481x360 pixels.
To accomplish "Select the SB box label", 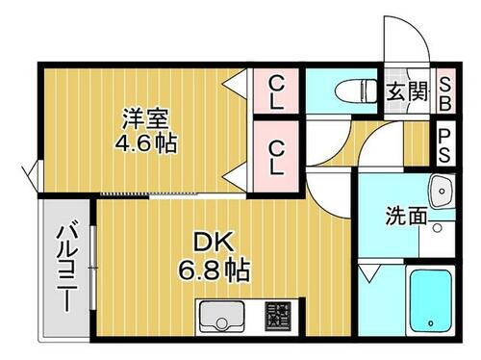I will [x=445, y=92].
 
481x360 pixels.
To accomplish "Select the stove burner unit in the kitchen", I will [x=278, y=316].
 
